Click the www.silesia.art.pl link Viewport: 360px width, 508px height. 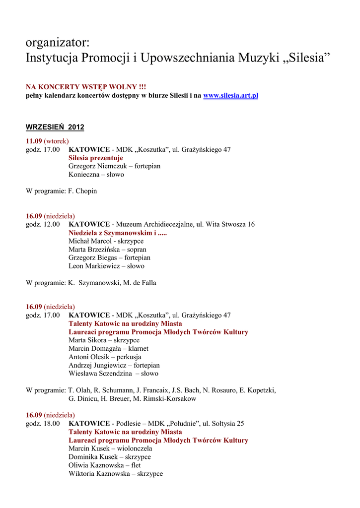point(230,95)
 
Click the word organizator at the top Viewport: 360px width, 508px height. point(57,43)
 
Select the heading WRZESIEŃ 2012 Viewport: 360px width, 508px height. point(55,127)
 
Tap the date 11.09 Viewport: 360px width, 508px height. point(34,141)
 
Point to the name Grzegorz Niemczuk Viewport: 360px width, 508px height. point(94,166)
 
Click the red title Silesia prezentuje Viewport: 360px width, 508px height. point(96,158)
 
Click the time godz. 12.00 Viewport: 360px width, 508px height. point(43,224)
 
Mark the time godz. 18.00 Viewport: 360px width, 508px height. point(43,424)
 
